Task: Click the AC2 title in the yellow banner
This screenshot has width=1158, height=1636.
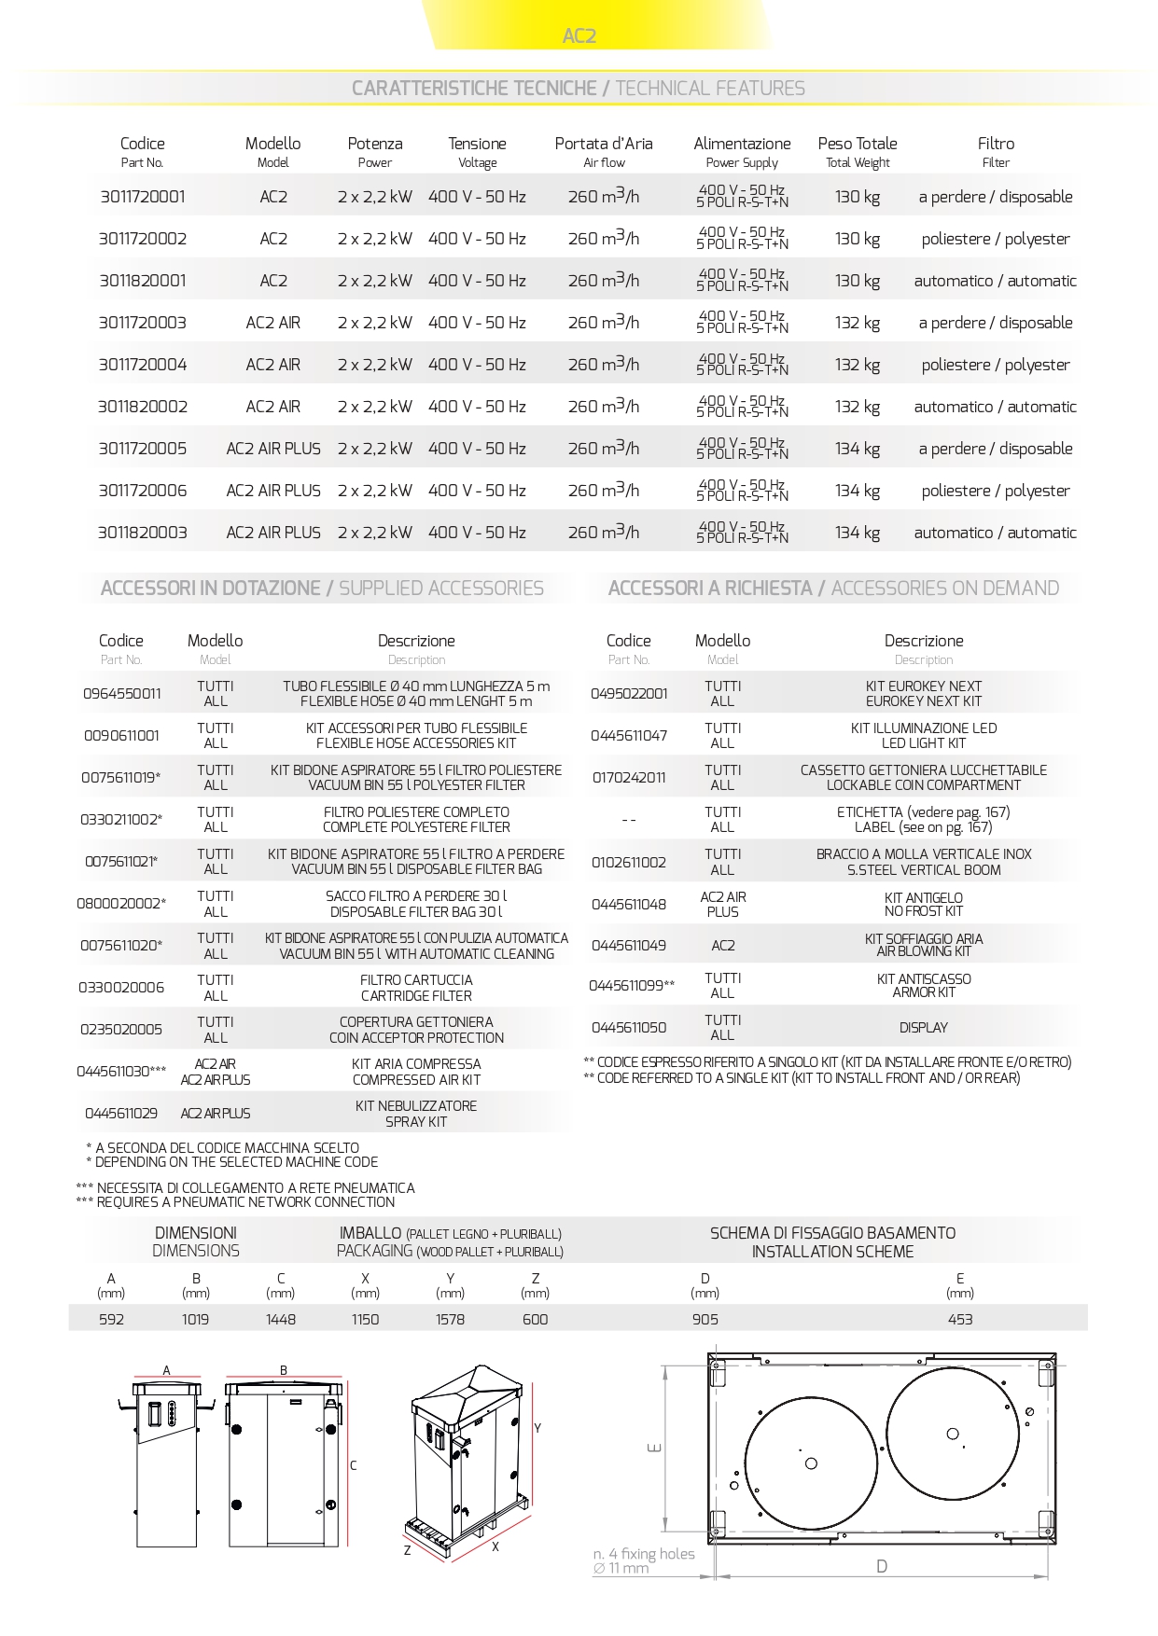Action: click(579, 36)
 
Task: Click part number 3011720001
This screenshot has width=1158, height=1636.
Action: click(143, 197)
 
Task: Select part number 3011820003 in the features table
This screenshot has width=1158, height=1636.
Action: click(143, 533)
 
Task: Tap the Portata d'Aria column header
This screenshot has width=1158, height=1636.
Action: click(604, 144)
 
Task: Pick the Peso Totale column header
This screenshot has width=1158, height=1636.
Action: click(858, 144)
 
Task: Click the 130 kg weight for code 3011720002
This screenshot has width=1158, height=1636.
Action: click(858, 239)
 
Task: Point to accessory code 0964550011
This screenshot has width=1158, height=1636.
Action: click(121, 694)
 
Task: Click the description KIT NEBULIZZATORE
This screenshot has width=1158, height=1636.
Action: click(416, 1106)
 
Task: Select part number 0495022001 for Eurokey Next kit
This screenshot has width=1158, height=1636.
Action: click(629, 694)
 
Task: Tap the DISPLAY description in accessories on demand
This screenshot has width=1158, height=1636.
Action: click(924, 1028)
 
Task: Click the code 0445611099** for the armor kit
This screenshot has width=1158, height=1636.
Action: click(632, 986)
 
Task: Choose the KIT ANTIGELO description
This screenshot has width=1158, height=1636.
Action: click(924, 898)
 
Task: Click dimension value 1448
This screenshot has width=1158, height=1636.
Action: click(281, 1320)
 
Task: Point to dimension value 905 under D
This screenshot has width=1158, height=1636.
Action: click(705, 1320)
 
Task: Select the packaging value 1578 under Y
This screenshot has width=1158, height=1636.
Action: click(450, 1320)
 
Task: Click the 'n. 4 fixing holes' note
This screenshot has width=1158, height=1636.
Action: click(644, 1554)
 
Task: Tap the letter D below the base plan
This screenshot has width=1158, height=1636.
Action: click(882, 1567)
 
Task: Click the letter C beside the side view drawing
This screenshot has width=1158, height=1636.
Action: click(354, 1466)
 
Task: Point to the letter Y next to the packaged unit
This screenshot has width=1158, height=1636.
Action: click(537, 1429)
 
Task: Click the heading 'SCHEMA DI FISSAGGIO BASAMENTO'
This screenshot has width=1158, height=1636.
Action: click(832, 1233)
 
